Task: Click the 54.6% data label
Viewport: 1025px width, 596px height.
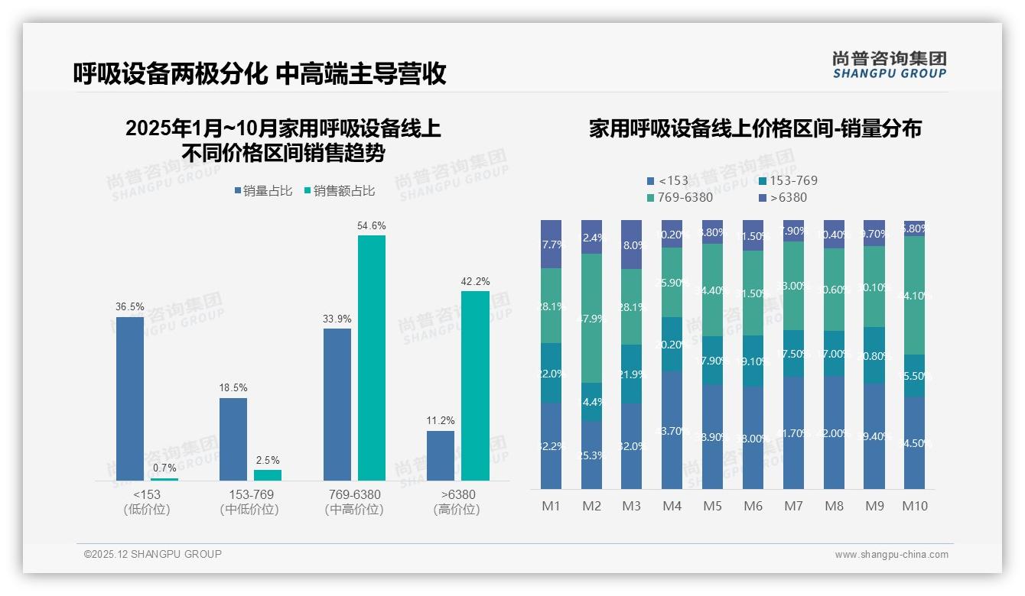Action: (x=372, y=226)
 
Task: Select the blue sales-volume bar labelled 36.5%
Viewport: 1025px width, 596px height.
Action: (x=130, y=398)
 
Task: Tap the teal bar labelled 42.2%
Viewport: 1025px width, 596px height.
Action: (x=475, y=385)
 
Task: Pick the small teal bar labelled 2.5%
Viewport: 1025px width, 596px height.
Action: (x=268, y=475)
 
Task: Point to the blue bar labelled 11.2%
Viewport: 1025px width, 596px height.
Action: (x=441, y=455)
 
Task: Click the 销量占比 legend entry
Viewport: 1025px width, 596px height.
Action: (x=262, y=191)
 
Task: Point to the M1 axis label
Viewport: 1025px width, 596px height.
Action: (x=552, y=507)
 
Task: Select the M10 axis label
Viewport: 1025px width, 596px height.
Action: (x=915, y=507)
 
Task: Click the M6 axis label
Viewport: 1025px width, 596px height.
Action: (x=753, y=507)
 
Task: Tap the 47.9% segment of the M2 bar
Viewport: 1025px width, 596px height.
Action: (x=591, y=318)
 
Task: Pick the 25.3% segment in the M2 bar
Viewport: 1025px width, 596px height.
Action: (x=591, y=455)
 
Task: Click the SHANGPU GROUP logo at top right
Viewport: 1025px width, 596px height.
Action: (x=890, y=65)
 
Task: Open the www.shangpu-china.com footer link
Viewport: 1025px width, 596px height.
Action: (x=891, y=555)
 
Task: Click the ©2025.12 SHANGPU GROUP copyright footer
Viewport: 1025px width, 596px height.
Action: (x=153, y=555)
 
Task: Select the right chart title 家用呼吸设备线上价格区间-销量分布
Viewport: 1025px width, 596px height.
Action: (x=755, y=128)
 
